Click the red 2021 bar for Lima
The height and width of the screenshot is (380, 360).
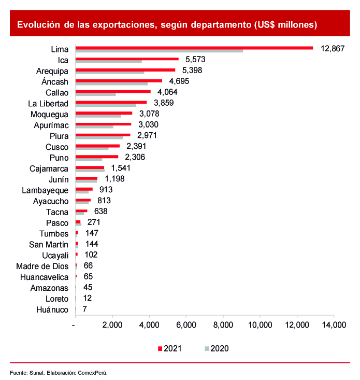point(194,48)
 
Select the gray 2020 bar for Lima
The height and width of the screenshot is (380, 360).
point(159,51)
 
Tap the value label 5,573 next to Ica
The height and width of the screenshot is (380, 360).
point(196,60)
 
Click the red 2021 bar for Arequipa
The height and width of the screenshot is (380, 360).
point(125,69)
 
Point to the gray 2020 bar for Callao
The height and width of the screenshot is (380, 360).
point(96,94)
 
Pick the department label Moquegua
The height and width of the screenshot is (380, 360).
point(49,114)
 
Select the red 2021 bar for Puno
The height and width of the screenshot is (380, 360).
point(97,157)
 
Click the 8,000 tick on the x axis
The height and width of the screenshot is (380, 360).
point(223,326)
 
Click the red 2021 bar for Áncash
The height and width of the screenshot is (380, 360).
point(119,80)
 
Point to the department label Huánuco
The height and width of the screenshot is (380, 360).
point(53,310)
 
